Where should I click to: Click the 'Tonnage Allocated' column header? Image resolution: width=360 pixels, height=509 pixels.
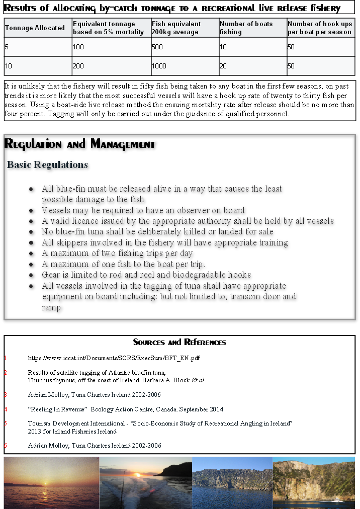point(35,28)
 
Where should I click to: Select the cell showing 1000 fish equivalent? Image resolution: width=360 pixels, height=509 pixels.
point(159,66)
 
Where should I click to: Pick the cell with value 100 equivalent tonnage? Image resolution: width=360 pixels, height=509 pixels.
point(78,47)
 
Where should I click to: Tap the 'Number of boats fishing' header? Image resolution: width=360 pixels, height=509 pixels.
point(246,28)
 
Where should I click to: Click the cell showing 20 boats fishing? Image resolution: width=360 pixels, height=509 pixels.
point(223,66)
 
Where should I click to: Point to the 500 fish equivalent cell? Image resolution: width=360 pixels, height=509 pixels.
point(157,47)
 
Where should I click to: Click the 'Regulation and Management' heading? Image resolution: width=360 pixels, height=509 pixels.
point(79,144)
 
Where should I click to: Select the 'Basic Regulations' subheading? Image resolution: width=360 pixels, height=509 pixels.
point(47,165)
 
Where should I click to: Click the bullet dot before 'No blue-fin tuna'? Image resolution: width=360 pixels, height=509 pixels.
point(31,232)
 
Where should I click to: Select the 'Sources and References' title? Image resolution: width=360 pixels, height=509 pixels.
point(179,343)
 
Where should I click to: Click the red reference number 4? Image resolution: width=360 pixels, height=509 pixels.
point(6,409)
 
